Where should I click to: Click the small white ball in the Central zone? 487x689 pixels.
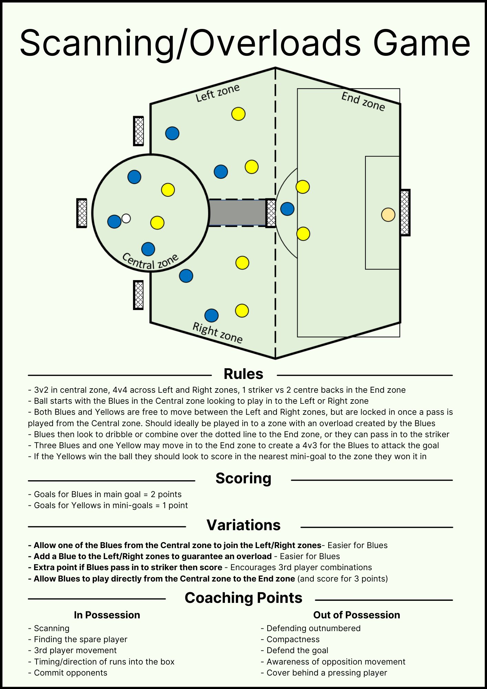[x=126, y=218]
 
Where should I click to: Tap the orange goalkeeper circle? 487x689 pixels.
[x=388, y=215]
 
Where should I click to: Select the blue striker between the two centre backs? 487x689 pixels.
[x=287, y=209]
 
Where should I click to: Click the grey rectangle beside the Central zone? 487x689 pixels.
[x=237, y=213]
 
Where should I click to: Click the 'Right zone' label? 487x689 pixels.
[x=217, y=333]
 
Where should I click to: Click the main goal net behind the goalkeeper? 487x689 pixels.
[x=405, y=213]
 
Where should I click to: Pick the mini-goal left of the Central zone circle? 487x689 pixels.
[x=82, y=213]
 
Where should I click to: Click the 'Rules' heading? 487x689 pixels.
[x=243, y=374]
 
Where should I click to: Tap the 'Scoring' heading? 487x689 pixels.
[x=243, y=479]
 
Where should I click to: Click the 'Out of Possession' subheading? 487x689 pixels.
[x=356, y=615]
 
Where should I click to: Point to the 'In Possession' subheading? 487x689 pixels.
[x=107, y=615]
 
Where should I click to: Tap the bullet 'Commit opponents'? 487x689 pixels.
[x=70, y=673]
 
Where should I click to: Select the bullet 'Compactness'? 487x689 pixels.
[x=293, y=639]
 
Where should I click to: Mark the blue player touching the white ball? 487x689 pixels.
[x=114, y=222]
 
